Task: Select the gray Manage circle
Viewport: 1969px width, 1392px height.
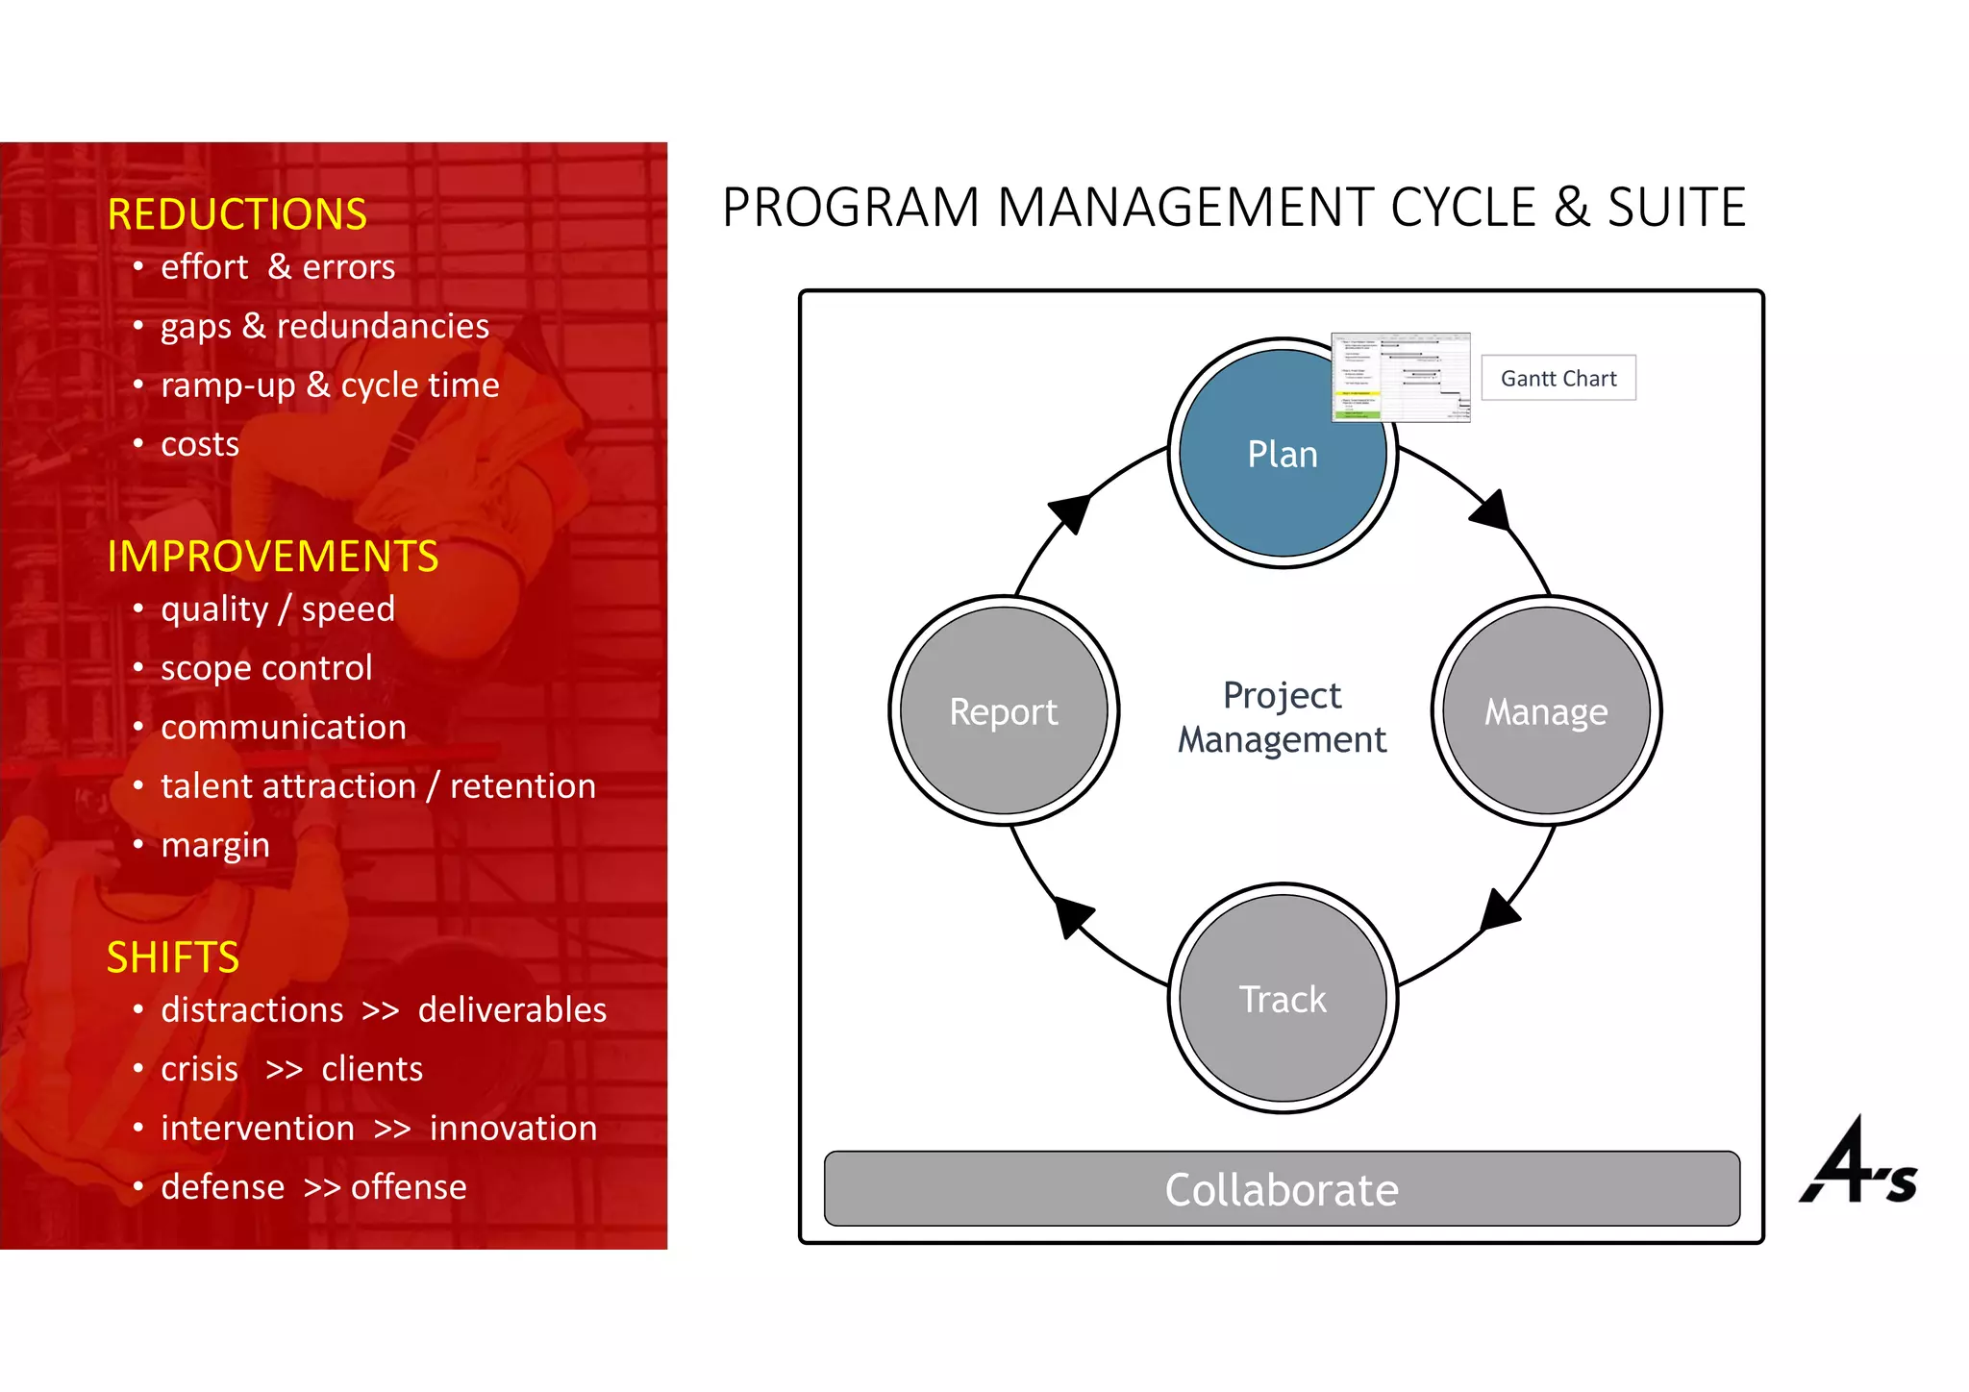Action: pyautogui.click(x=1546, y=711)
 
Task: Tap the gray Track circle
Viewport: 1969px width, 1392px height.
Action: pyautogui.click(x=1283, y=999)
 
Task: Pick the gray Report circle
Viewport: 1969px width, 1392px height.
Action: pyautogui.click(x=1004, y=711)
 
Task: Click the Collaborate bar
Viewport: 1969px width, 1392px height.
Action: pyautogui.click(x=1282, y=1189)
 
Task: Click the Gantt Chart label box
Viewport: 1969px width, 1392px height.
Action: pyautogui.click(x=1558, y=378)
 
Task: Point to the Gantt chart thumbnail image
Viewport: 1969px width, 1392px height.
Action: pyautogui.click(x=1401, y=377)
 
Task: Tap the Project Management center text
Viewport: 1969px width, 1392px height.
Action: pyautogui.click(x=1283, y=717)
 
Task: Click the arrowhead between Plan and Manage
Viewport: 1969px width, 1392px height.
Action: pyautogui.click(x=1492, y=510)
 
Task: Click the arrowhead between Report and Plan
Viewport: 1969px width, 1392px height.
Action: pyautogui.click(x=1071, y=512)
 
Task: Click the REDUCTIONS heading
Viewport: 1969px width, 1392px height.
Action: pyautogui.click(x=237, y=213)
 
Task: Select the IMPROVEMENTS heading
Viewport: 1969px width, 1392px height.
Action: pyautogui.click(x=273, y=557)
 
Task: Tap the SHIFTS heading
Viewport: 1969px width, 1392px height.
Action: pyautogui.click(x=173, y=957)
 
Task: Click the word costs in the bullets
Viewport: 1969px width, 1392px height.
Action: pyautogui.click(x=200, y=444)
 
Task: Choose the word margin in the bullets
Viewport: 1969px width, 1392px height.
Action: pyautogui.click(x=215, y=845)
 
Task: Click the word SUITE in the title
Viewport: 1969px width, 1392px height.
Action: pyautogui.click(x=1676, y=208)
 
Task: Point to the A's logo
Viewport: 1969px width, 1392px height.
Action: pyautogui.click(x=1857, y=1161)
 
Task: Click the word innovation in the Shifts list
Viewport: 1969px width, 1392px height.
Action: pyautogui.click(x=513, y=1128)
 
